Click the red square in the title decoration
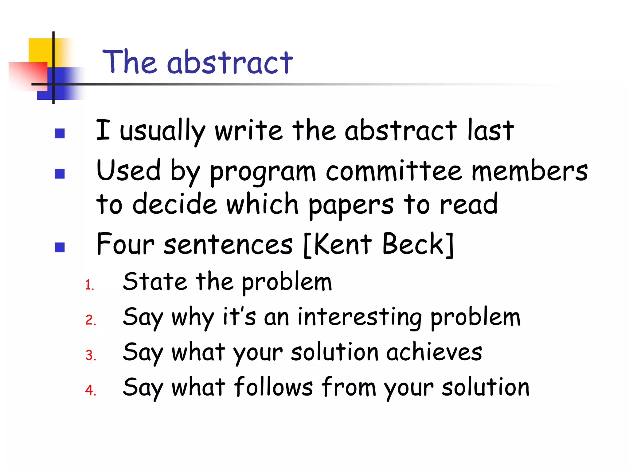28,76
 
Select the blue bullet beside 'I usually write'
60,133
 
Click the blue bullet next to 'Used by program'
60,174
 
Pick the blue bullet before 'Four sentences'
60,247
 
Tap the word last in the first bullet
490,130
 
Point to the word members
529,171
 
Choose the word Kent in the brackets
343,244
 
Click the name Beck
413,244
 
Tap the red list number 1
89,285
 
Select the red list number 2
91,320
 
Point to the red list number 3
91,355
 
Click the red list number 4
91,390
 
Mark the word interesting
360,317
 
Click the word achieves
434,352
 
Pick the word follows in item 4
273,387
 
